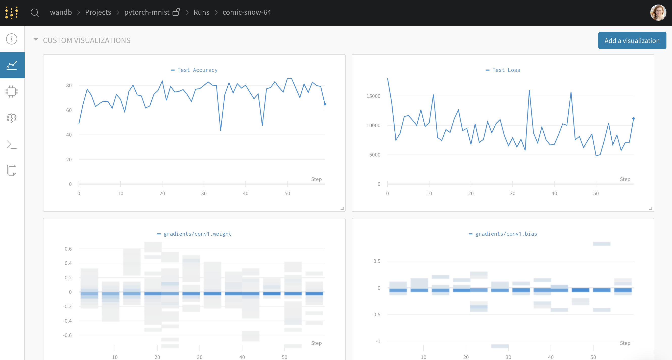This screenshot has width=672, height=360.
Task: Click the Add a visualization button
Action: click(632, 40)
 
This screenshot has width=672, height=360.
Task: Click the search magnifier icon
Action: click(35, 13)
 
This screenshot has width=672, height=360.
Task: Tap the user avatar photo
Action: click(658, 13)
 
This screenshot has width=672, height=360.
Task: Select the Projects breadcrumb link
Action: click(98, 12)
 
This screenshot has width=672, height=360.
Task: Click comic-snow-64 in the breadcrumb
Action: click(247, 12)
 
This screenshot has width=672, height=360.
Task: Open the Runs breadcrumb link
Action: click(201, 12)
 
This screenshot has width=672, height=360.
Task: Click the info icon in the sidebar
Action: click(12, 39)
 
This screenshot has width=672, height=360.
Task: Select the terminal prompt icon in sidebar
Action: click(12, 144)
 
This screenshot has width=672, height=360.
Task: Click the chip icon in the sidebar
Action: click(12, 91)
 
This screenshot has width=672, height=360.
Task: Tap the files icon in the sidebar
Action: click(12, 170)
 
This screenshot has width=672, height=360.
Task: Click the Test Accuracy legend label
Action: click(197, 70)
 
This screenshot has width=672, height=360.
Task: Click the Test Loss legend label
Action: click(506, 70)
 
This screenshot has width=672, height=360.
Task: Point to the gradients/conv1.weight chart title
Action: click(197, 234)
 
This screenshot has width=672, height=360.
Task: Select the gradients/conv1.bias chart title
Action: click(506, 234)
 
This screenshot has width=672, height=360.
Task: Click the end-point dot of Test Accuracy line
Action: click(325, 104)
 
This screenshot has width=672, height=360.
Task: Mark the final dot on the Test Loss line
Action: click(633, 119)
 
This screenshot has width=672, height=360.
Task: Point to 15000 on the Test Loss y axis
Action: click(373, 96)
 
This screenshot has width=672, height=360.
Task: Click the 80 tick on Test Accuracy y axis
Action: click(69, 85)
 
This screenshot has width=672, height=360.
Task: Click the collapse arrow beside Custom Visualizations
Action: click(36, 39)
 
